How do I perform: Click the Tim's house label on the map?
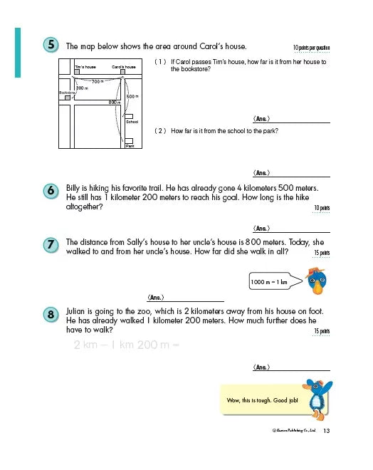pyautogui.click(x=85, y=66)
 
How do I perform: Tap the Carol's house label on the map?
pyautogui.click(x=124, y=66)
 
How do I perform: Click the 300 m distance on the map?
pyautogui.click(x=81, y=88)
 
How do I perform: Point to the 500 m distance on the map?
pyautogui.click(x=132, y=95)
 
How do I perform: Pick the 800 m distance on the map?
pyautogui.click(x=114, y=102)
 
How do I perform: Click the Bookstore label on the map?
pyautogui.click(x=67, y=93)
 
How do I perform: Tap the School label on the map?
pyautogui.click(x=131, y=122)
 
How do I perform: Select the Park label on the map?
pyautogui.click(x=130, y=145)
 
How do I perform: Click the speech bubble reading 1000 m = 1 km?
pyautogui.click(x=270, y=283)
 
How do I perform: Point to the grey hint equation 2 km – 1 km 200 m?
pyautogui.click(x=125, y=345)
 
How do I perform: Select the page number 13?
pyautogui.click(x=327, y=431)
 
